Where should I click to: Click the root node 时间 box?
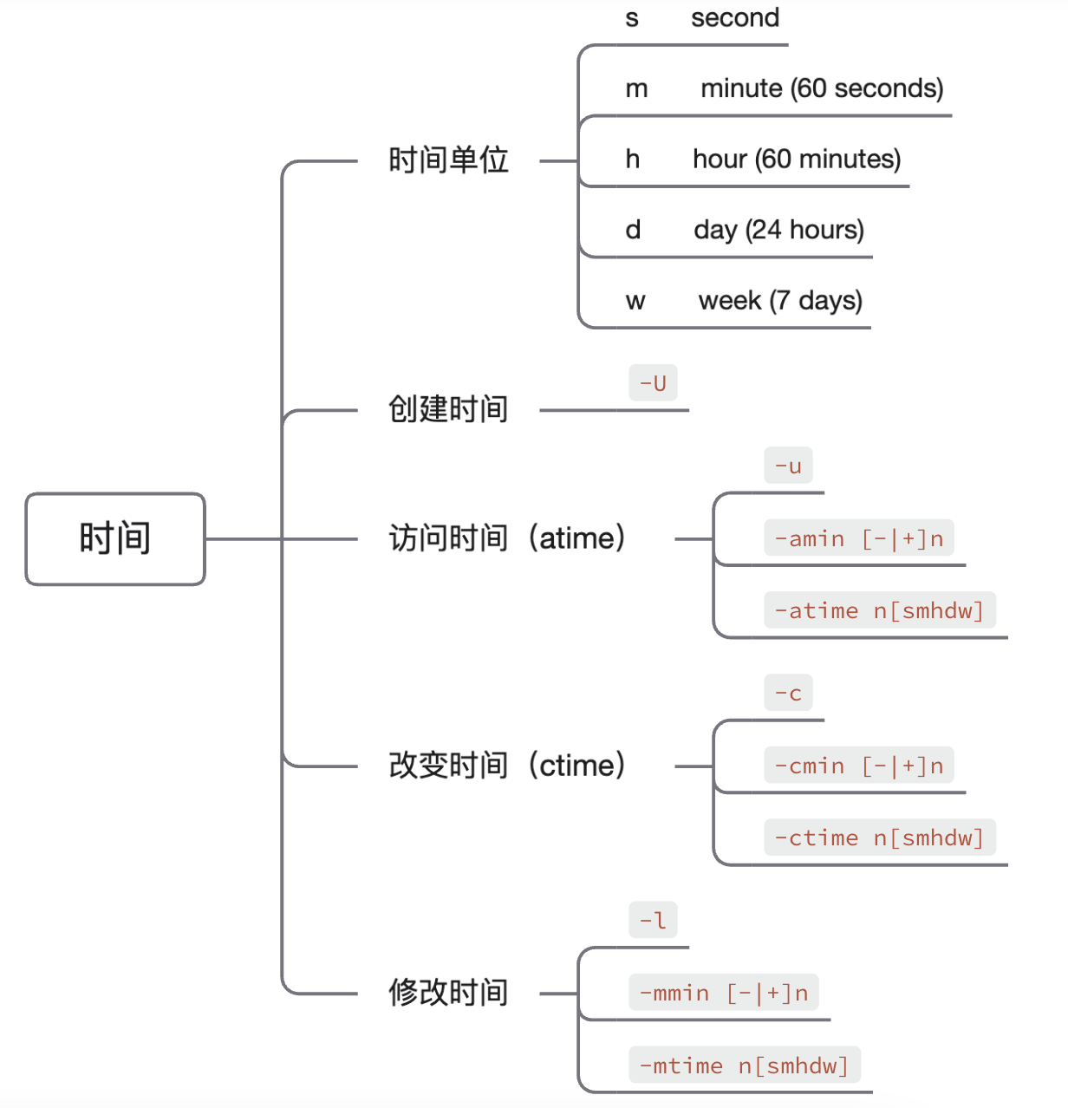[x=115, y=538]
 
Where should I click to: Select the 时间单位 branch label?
[x=448, y=160]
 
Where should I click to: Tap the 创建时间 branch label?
[x=448, y=409]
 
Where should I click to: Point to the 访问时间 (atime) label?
[x=507, y=538]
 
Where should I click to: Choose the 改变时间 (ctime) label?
[x=507, y=766]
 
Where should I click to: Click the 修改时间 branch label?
[x=448, y=993]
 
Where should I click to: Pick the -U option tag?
[x=653, y=382]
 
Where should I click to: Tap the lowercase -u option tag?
[x=788, y=466]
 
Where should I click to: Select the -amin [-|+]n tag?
[x=858, y=538]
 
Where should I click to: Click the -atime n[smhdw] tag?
[x=880, y=609]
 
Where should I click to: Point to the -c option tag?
[x=788, y=693]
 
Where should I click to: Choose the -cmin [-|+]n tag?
[x=858, y=765]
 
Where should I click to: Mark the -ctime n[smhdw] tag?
[x=880, y=837]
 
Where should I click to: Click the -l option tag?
[x=653, y=920]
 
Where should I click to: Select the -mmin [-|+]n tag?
[x=724, y=992]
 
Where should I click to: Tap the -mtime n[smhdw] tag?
[x=745, y=1064]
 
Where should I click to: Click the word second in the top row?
[x=735, y=17]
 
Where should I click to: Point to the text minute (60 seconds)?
[x=822, y=88]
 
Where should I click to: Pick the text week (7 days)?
[x=780, y=300]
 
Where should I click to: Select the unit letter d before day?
[x=633, y=230]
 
